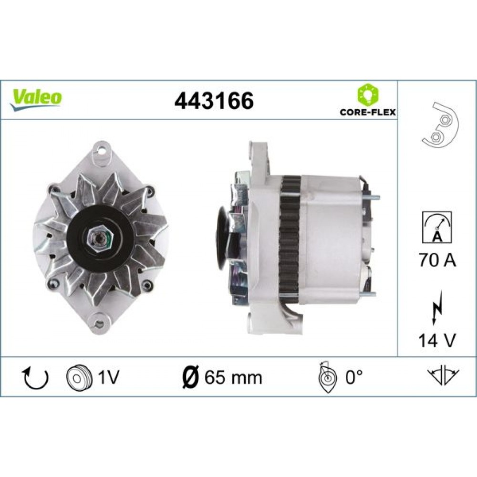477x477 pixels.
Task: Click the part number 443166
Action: coord(214,101)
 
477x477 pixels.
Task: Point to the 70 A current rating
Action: coord(437,260)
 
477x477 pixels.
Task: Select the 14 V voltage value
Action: coord(437,340)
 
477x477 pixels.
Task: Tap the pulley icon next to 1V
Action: coord(77,377)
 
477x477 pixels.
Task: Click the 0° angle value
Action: coord(354,377)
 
